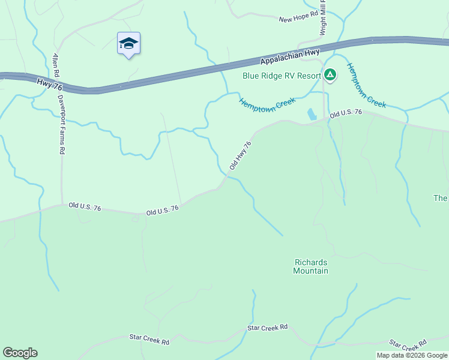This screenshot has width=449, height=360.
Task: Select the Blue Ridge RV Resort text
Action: (282, 76)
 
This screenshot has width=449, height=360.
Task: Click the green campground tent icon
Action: (330, 75)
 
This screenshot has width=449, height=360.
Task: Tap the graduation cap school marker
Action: (128, 43)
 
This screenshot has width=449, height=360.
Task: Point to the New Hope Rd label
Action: (298, 19)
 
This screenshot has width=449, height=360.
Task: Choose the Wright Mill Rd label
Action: (323, 18)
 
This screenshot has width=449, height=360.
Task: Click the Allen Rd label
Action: (56, 64)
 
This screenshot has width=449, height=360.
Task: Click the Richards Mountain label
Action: (310, 266)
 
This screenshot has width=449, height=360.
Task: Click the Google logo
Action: (20, 353)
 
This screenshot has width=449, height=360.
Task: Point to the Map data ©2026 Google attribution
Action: (412, 355)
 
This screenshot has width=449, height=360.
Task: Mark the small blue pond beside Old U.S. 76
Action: (311, 114)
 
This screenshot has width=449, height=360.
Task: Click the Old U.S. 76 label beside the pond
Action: (346, 112)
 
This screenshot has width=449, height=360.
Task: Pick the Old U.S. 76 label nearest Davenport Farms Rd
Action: (85, 206)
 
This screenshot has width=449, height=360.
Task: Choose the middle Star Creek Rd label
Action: (268, 328)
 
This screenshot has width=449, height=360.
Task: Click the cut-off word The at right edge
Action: (441, 198)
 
